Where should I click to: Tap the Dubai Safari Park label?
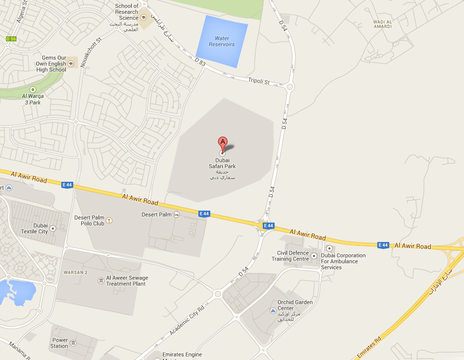[x=222, y=163]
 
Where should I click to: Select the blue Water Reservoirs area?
[x=222, y=41]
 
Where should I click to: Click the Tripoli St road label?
[x=259, y=81]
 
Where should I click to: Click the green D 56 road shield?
[x=11, y=38]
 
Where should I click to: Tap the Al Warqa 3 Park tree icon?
[x=33, y=89]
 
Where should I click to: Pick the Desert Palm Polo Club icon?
[x=109, y=221]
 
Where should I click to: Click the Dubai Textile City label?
[x=34, y=229]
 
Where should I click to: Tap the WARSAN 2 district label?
[x=75, y=272]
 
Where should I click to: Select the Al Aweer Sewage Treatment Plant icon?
[x=101, y=281]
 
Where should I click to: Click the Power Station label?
[x=59, y=343]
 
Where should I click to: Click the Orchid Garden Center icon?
[x=273, y=311]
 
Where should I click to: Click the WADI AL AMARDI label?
[x=382, y=24]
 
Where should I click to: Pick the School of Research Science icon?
[x=144, y=17]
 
